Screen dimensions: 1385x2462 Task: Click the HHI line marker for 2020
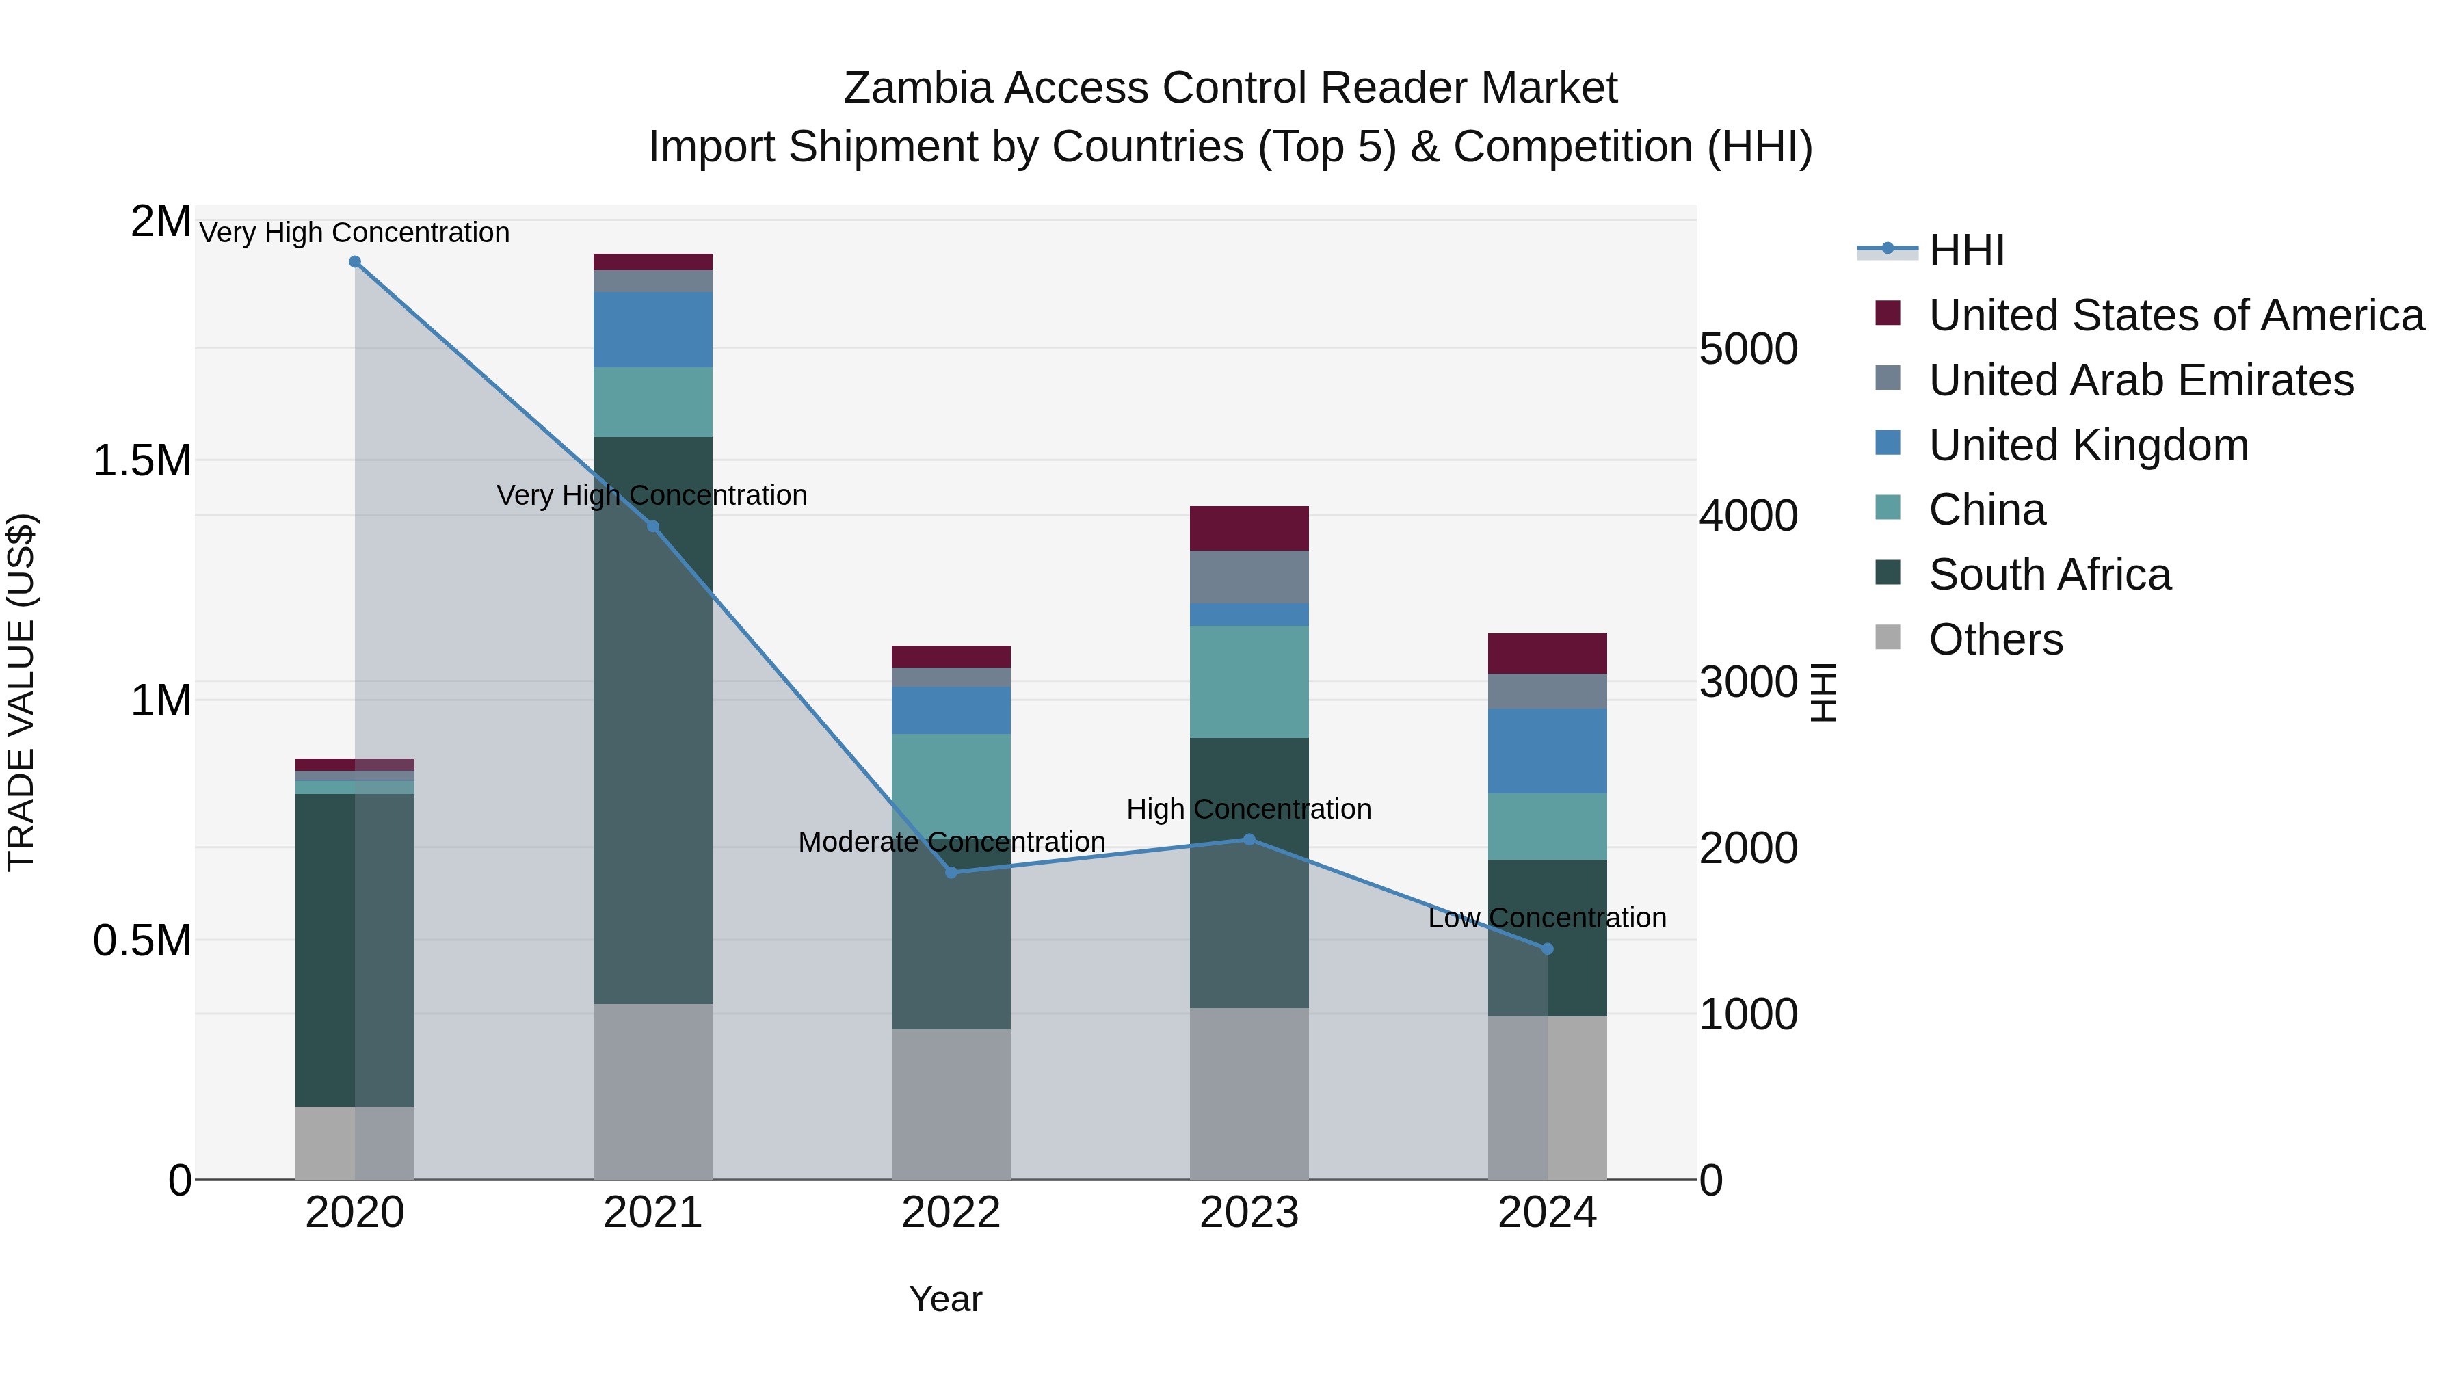click(354, 262)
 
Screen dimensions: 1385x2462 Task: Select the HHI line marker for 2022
click(951, 872)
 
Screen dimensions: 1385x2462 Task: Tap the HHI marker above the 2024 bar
click(1548, 948)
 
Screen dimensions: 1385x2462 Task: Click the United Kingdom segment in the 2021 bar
click(653, 330)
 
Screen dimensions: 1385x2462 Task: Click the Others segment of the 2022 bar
click(951, 1103)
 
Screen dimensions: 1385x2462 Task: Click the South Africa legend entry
click(2048, 575)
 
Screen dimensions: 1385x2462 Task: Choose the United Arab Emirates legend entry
click(2140, 380)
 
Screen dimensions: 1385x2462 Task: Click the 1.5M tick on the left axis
click(142, 461)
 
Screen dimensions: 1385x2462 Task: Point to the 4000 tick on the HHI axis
click(1748, 516)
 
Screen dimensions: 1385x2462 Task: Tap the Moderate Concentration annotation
click(951, 842)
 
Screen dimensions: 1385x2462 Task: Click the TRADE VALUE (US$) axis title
click(21, 692)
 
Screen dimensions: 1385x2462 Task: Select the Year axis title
click(945, 1299)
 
